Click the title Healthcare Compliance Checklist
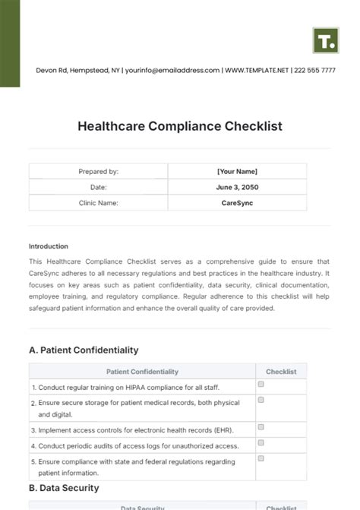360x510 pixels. (180, 126)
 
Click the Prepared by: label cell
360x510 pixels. (99, 172)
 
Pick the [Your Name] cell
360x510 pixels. (237, 172)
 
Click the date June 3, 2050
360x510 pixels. (237, 187)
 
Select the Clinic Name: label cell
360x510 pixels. (99, 203)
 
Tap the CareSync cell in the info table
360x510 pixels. (237, 203)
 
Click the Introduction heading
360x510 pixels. (49, 246)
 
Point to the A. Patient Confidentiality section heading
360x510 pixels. (84, 350)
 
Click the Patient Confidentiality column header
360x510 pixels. (143, 372)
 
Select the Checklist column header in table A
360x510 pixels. (281, 372)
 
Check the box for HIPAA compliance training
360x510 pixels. (261, 385)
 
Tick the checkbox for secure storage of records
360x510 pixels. (261, 400)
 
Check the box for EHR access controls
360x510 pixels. (261, 428)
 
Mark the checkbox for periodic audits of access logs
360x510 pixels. (261, 443)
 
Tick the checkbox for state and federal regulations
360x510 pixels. (261, 458)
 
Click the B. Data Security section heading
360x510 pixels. (64, 488)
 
